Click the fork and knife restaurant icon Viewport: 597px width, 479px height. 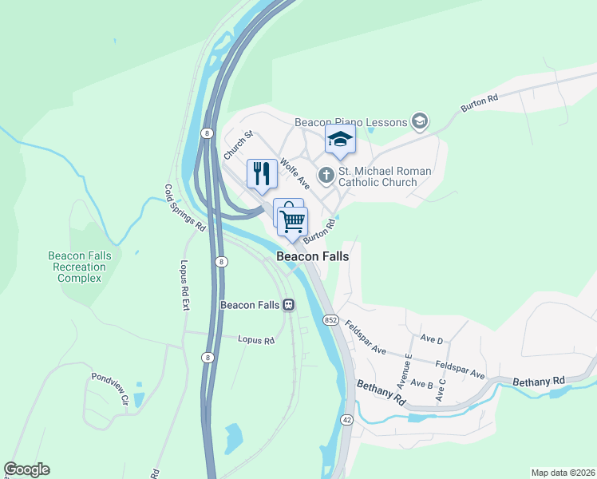(262, 173)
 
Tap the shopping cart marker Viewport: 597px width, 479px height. (293, 220)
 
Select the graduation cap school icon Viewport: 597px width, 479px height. (340, 141)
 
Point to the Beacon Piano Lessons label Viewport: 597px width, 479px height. (352, 122)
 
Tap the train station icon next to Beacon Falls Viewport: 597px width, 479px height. (287, 305)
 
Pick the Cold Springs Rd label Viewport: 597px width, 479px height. (184, 208)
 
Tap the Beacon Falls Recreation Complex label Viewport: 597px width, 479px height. (79, 267)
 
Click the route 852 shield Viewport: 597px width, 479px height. (330, 319)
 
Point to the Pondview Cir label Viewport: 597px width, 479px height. (109, 389)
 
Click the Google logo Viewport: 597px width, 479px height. (26, 469)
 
